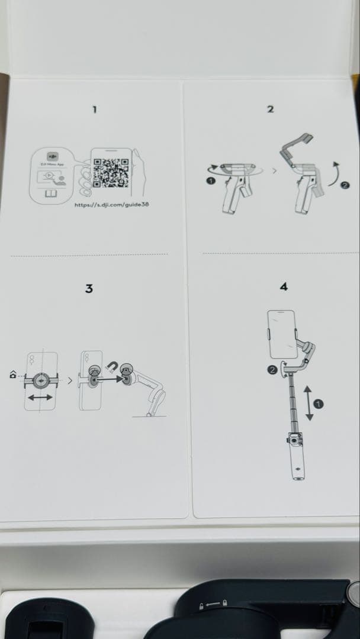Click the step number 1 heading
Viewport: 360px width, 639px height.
[x=94, y=109]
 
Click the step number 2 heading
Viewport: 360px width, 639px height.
[x=270, y=109]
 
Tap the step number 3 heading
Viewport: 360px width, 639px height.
[x=89, y=289]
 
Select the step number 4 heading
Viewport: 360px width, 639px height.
[x=283, y=287]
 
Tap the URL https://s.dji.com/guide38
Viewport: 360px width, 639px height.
[x=107, y=205]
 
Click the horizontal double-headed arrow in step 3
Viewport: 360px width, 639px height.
[x=41, y=399]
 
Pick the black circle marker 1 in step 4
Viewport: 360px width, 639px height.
[x=320, y=404]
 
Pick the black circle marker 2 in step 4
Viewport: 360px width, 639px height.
[x=272, y=370]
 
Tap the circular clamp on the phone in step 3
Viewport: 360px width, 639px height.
[x=41, y=380]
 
